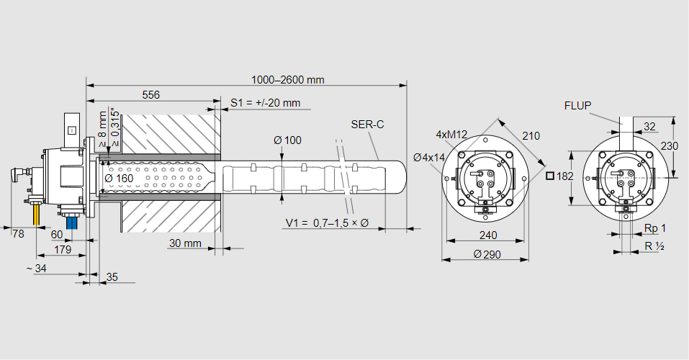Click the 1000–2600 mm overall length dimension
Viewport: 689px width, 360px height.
[287, 79]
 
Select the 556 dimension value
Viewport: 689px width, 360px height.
[150, 94]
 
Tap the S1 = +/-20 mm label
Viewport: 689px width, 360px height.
[265, 103]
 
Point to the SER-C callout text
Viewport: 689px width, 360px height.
[367, 125]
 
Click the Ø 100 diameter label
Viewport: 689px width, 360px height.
[288, 140]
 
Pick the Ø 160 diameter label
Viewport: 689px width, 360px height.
[119, 178]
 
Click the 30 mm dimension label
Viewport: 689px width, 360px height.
[185, 243]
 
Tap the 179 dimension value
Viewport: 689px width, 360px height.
[63, 250]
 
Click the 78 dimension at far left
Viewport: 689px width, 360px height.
[18, 233]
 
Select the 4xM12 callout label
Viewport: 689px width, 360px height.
[451, 135]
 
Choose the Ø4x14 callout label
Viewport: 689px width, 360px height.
[430, 157]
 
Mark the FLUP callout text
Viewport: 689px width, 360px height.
[577, 106]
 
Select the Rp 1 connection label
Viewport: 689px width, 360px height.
[654, 228]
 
